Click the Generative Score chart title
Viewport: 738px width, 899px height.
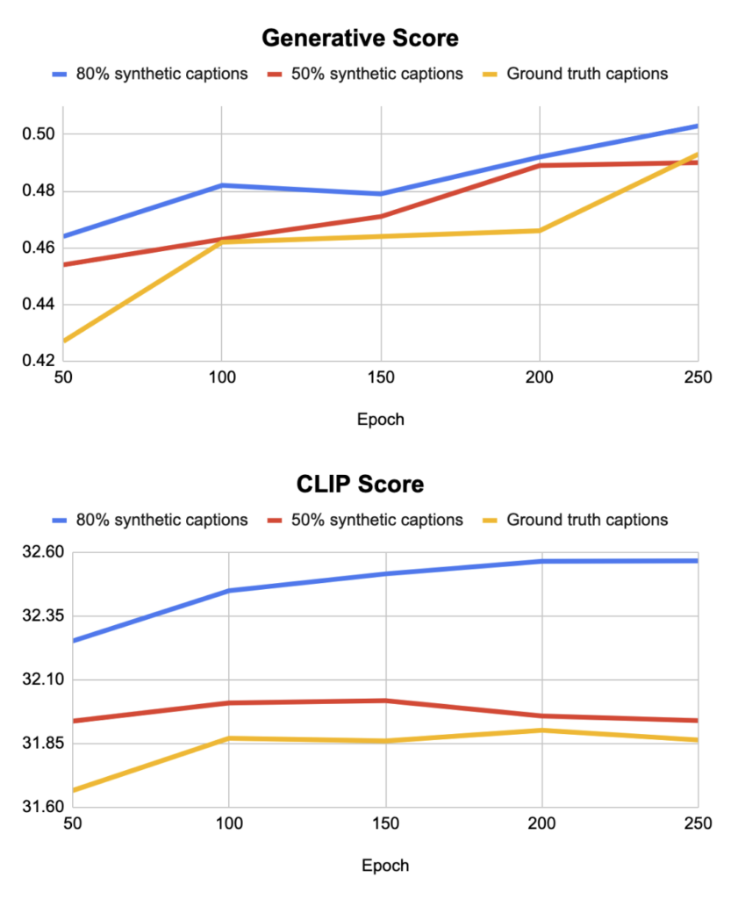[x=360, y=39]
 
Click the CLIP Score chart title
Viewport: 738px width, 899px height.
[x=360, y=484]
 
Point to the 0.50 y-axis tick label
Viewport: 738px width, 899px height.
[x=37, y=134]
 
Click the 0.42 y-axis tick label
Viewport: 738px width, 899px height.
[x=37, y=361]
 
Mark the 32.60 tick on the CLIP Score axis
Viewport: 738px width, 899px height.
[x=37, y=552]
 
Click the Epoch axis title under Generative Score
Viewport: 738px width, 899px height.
[x=381, y=419]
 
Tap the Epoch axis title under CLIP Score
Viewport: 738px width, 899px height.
[x=385, y=865]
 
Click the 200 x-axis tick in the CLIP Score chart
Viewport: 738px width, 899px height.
[x=541, y=824]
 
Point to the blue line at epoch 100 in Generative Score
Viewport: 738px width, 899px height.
[x=222, y=185]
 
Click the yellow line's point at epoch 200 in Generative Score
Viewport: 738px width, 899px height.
[x=539, y=230]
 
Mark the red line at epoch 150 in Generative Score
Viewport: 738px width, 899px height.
[x=381, y=216]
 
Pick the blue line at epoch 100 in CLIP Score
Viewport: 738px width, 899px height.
[x=228, y=591]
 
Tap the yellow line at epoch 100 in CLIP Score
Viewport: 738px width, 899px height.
[x=228, y=738]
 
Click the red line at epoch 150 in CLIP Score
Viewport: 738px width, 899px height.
[x=385, y=701]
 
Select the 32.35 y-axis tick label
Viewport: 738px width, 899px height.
[x=37, y=616]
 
